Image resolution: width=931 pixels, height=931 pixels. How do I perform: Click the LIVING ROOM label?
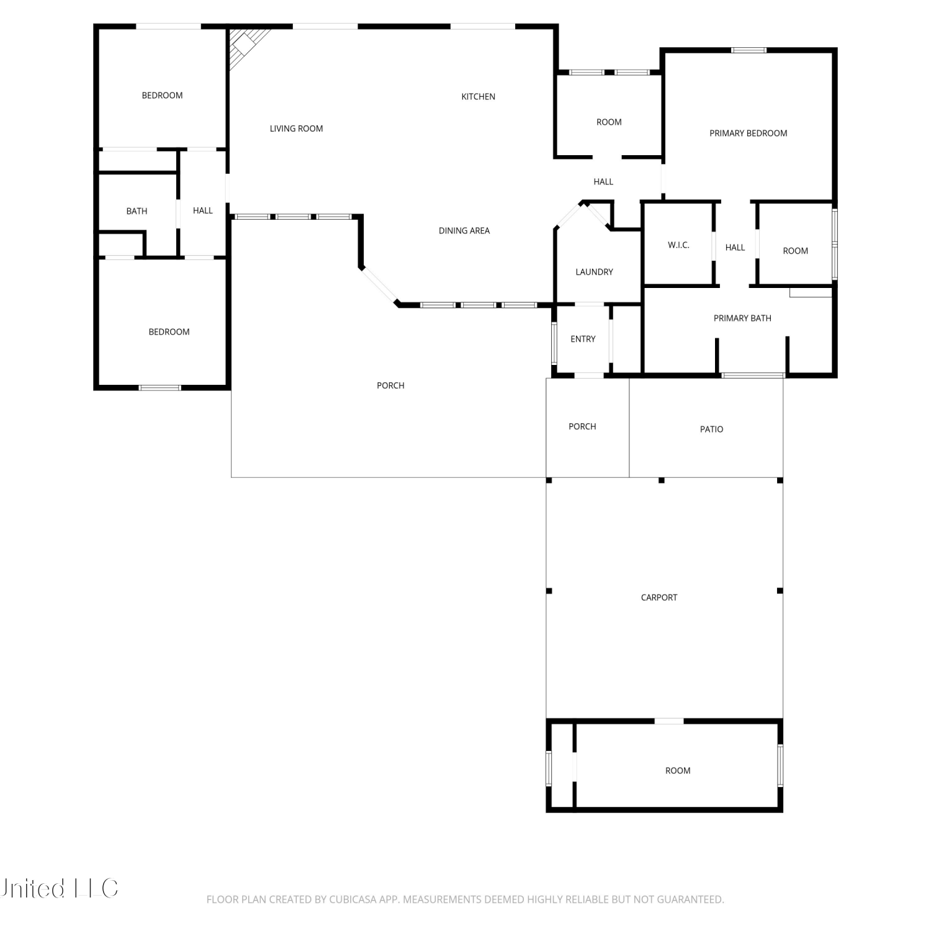(296, 128)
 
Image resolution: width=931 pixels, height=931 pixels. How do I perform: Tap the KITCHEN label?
(478, 96)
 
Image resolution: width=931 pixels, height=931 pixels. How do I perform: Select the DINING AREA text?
(464, 230)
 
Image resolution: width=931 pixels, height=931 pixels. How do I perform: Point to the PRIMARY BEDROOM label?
(748, 133)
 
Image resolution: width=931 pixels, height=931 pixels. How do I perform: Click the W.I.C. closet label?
(678, 245)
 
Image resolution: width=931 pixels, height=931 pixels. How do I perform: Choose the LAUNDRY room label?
(594, 272)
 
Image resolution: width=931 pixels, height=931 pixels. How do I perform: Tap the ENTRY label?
(583, 339)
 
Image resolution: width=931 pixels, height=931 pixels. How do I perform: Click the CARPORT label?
(659, 597)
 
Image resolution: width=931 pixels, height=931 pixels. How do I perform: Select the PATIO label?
(711, 429)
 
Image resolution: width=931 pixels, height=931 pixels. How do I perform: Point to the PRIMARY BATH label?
(742, 318)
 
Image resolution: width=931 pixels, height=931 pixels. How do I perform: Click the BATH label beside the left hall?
(137, 211)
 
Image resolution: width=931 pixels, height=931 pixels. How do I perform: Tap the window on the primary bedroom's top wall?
(749, 50)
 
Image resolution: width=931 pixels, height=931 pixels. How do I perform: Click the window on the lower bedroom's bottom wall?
(160, 388)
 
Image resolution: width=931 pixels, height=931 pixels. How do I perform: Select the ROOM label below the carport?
(678, 770)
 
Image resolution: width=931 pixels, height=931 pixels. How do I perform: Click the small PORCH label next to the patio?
(582, 426)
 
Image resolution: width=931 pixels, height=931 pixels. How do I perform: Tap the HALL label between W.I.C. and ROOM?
(735, 247)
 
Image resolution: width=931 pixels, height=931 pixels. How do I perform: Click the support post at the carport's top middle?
(662, 480)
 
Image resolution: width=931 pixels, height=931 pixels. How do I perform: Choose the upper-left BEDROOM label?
(162, 95)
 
